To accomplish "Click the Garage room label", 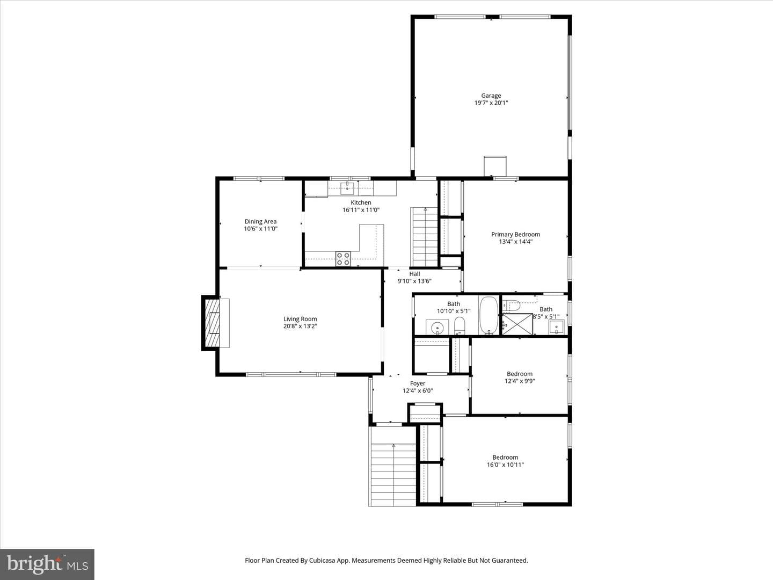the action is (x=491, y=96).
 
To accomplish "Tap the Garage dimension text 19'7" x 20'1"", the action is (x=491, y=103).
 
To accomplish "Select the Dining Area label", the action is (x=260, y=221).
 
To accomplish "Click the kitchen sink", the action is (x=347, y=189).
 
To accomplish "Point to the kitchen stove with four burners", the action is (x=343, y=258).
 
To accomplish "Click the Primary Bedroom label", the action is (x=515, y=235).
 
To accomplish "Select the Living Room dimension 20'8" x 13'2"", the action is (x=300, y=326).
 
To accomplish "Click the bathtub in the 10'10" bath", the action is (x=489, y=315).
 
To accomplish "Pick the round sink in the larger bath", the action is (x=437, y=328).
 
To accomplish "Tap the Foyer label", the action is (x=418, y=383).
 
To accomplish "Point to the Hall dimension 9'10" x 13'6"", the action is (x=414, y=281).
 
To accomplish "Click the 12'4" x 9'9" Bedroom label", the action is (x=520, y=374).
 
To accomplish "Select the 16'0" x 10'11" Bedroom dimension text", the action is (x=505, y=465).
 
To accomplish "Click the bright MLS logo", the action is (x=47, y=564).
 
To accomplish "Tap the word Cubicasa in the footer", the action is (x=322, y=560).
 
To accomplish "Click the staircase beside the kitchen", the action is (x=424, y=237).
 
